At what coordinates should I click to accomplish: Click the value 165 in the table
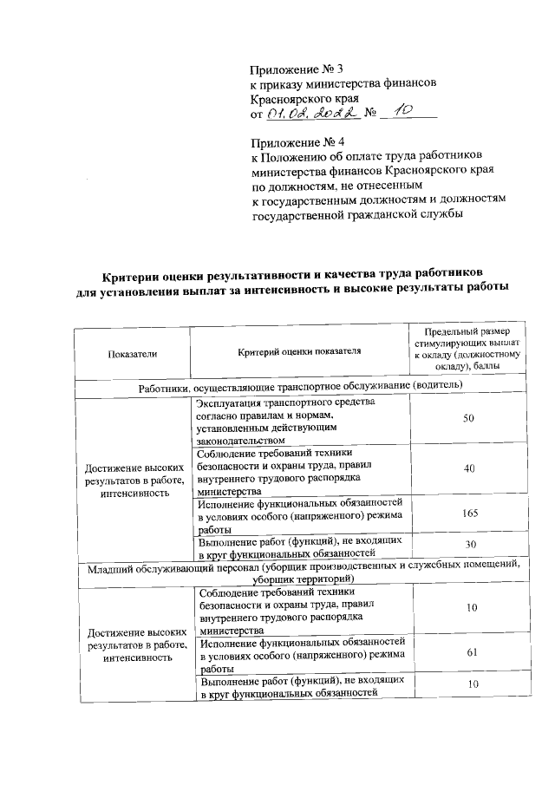pyautogui.click(x=469, y=514)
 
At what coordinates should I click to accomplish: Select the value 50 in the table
pyautogui.click(x=468, y=418)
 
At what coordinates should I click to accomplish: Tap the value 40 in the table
pyautogui.click(x=469, y=468)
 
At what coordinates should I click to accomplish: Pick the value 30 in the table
pyautogui.click(x=468, y=544)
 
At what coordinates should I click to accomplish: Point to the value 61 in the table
pyautogui.click(x=468, y=653)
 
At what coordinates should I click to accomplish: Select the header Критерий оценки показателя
pyautogui.click(x=298, y=351)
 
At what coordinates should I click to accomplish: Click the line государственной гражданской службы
pyautogui.click(x=356, y=215)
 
